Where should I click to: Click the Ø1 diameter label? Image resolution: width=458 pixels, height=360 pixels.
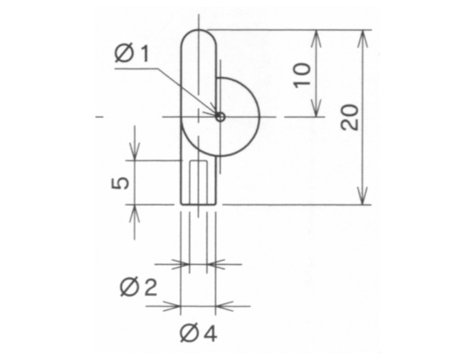[132, 53]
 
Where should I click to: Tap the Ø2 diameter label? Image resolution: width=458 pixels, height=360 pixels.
[138, 287]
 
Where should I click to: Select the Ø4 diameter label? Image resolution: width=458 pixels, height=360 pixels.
[198, 333]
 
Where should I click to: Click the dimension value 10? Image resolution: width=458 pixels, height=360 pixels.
[302, 75]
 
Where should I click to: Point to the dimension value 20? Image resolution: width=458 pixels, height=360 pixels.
[350, 117]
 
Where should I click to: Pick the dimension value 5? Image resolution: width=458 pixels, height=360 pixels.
[120, 183]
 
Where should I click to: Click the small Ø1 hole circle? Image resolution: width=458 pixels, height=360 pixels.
[220, 117]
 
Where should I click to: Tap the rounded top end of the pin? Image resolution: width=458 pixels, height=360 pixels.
[199, 30]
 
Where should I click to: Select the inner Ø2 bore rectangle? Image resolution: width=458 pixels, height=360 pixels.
[199, 182]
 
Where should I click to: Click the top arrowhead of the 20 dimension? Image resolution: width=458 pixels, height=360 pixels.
[362, 39]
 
